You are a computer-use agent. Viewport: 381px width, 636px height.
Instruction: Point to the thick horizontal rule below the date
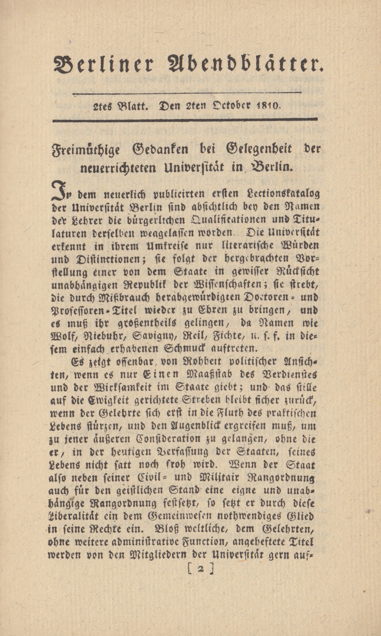coord(185,120)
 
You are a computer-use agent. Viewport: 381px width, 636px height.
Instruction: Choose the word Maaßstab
coord(204,374)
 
